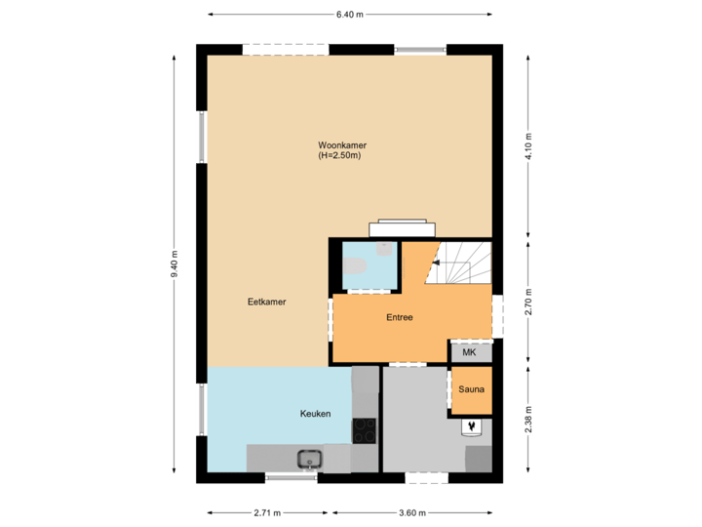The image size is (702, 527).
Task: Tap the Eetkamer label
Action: tap(266, 303)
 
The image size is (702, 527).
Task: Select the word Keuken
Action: tap(315, 414)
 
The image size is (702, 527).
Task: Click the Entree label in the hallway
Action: tap(400, 317)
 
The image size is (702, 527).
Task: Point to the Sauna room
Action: tap(471, 389)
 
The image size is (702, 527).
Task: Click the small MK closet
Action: tap(469, 352)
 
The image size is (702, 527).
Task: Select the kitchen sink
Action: tap(310, 458)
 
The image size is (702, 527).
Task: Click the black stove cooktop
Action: tap(365, 429)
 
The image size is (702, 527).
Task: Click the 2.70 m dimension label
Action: tap(527, 302)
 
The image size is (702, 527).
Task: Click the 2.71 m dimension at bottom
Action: tap(267, 512)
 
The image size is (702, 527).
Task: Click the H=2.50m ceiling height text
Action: tap(339, 156)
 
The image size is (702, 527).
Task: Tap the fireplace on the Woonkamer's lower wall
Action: tap(401, 228)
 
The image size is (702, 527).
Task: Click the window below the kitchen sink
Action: tap(292, 478)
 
